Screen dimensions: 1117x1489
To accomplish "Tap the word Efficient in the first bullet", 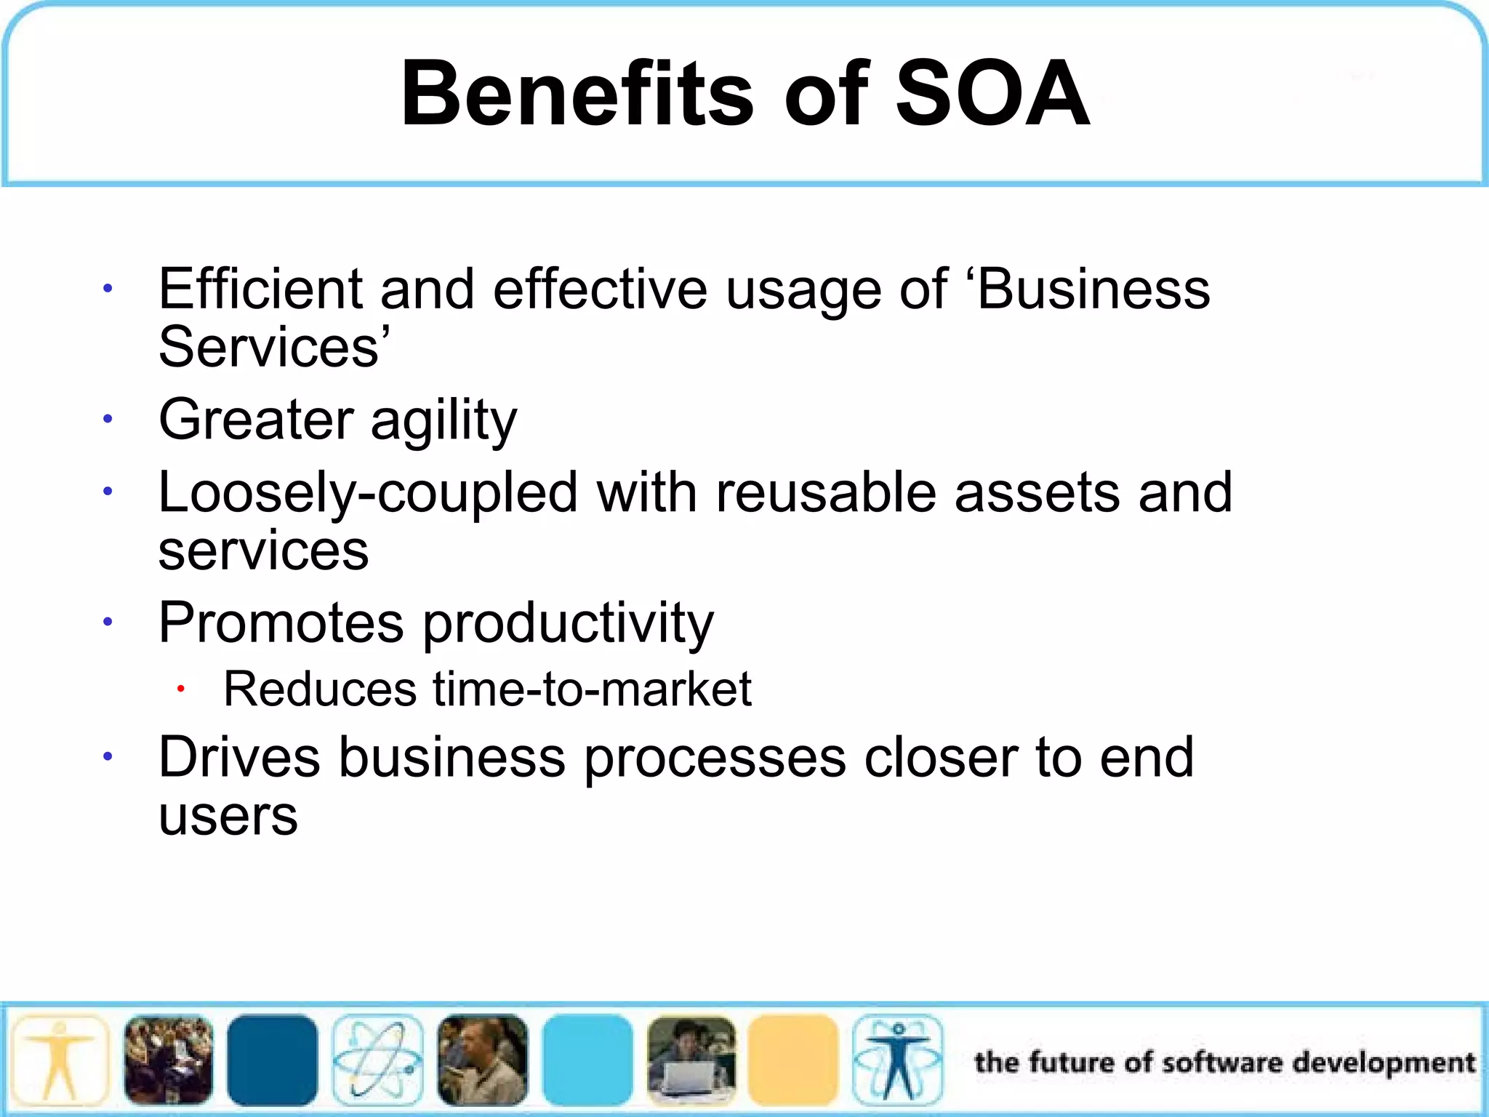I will point(260,289).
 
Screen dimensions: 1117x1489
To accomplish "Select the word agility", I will point(444,420).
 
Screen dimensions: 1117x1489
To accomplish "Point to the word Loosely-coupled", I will point(367,493).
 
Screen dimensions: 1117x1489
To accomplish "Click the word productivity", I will point(568,624).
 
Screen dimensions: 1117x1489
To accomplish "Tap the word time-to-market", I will point(592,689).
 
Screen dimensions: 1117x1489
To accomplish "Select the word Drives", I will point(239,757).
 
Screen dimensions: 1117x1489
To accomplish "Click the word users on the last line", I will point(228,816).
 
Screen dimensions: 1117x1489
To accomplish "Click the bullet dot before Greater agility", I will point(108,419).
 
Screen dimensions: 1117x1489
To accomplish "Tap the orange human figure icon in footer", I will point(60,1060).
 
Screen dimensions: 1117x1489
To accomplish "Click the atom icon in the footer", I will point(377,1060).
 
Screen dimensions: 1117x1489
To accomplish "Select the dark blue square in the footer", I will point(273,1060).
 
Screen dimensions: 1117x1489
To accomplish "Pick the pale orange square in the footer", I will point(793,1060).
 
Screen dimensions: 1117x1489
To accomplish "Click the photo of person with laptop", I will point(691,1060).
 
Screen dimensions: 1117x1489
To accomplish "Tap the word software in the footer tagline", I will point(1222,1062).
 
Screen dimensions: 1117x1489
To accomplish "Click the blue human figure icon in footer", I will point(898,1060).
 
